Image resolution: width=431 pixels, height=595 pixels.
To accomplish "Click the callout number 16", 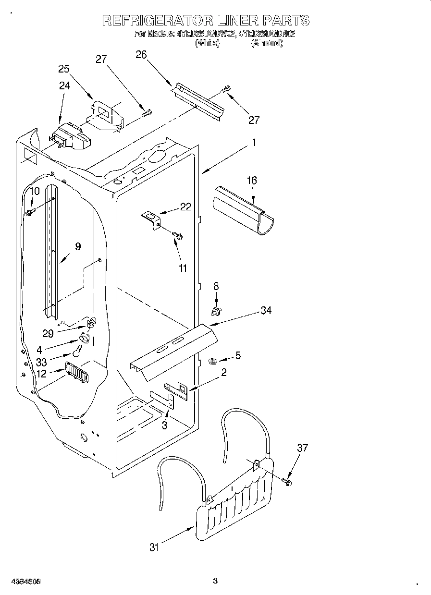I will (x=252, y=181).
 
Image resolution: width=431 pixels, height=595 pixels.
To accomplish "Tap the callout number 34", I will (x=266, y=311).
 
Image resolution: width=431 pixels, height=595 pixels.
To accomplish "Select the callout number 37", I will (x=302, y=448).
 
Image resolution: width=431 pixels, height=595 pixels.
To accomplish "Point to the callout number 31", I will (x=153, y=547).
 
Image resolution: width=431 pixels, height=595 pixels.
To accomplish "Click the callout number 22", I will (x=185, y=207).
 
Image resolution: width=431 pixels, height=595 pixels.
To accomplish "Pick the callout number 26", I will (x=141, y=55).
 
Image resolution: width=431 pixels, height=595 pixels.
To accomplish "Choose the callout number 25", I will (x=64, y=69).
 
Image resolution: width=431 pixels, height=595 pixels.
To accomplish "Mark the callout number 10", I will (x=34, y=191).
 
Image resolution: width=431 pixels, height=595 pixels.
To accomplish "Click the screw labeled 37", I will (x=287, y=481).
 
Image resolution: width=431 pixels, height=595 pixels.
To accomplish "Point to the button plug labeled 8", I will (x=216, y=312).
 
